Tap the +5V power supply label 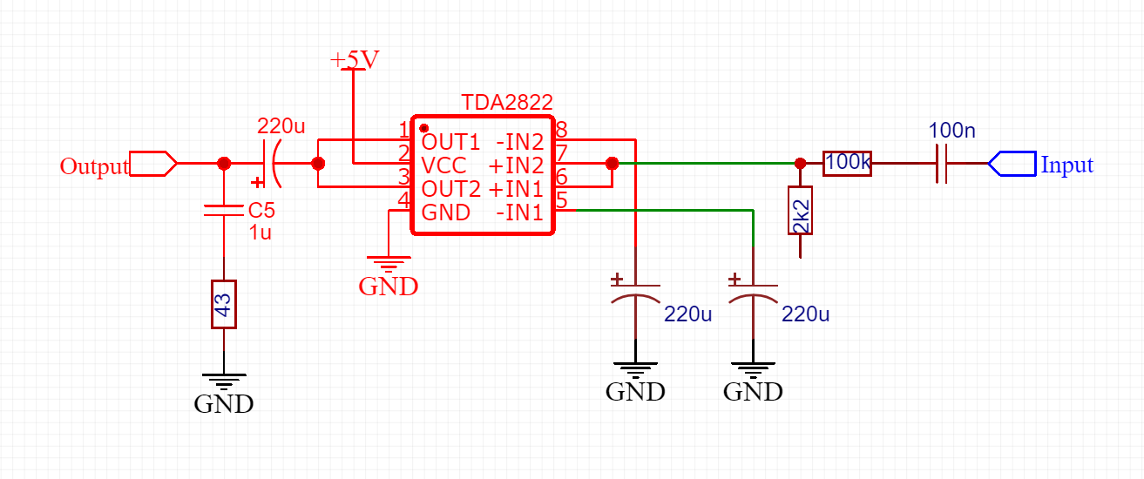coord(355,59)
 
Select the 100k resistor coord(847,163)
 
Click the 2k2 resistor coord(800,211)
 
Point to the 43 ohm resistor coord(224,304)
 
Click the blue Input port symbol coord(1012,163)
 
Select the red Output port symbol coord(153,163)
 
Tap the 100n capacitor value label coord(952,132)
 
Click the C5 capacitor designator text coord(261,211)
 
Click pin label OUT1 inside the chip coord(450,141)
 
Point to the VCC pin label coord(443,165)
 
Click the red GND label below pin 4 coord(389,286)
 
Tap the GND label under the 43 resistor coord(224,404)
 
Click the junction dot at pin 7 coord(612,163)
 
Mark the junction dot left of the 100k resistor coord(800,163)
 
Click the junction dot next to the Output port coord(224,163)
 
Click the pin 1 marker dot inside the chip coord(423,128)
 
